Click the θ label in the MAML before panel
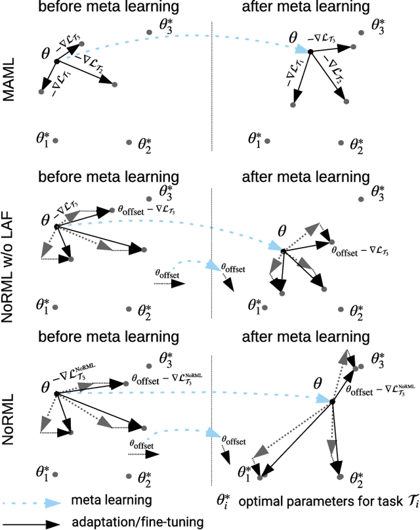[46, 51]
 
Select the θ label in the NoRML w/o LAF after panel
[283, 231]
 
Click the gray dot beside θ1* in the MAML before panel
[56, 141]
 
